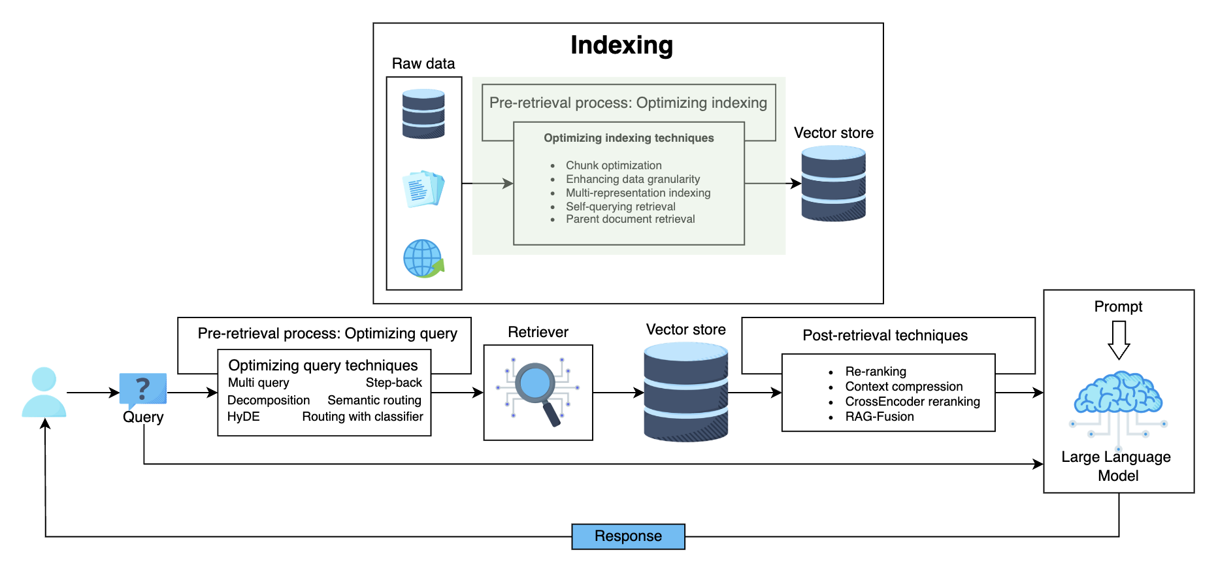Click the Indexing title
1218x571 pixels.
621,45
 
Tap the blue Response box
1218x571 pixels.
628,536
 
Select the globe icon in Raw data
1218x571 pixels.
423,258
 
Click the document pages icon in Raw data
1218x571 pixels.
423,189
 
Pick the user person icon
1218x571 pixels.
44,392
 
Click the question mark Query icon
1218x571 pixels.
143,390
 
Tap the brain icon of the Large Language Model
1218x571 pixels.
1118,393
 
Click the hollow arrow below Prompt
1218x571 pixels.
1119,340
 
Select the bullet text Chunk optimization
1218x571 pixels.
614,165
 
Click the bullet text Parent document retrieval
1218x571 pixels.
630,219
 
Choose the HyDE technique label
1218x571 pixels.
243,417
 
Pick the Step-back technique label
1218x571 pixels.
393,383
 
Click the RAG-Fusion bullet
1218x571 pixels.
879,417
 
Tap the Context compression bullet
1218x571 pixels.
904,387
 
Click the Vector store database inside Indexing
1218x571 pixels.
833,184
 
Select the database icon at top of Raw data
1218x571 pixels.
423,114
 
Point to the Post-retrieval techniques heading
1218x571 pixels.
885,336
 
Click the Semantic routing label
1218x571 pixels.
374,400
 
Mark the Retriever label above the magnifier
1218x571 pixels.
538,333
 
